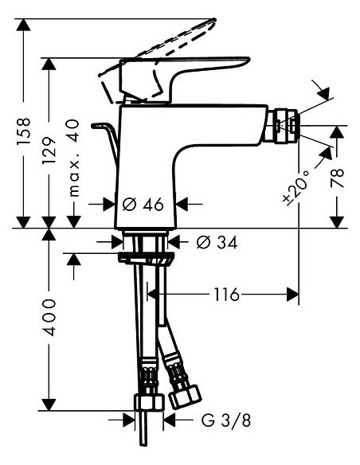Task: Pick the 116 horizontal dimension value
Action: click(x=226, y=295)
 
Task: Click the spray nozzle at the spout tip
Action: click(x=284, y=125)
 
